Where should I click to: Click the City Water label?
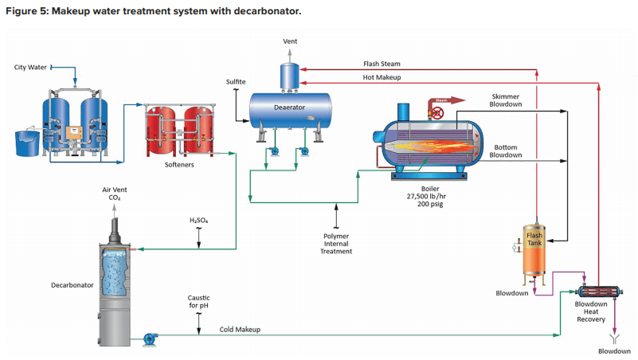[x=30, y=68]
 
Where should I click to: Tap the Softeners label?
[x=179, y=165]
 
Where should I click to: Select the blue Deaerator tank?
[x=291, y=108]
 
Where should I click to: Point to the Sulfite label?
[x=236, y=82]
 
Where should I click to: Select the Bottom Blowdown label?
[x=507, y=151]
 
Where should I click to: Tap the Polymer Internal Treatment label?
[x=336, y=244]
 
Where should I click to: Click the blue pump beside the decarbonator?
[x=149, y=339]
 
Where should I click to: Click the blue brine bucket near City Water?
[x=30, y=143]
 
